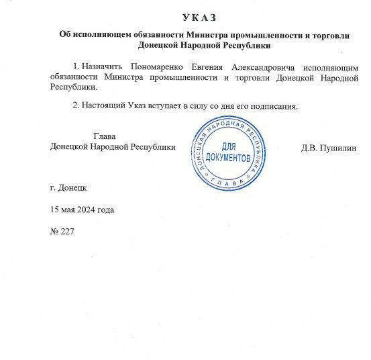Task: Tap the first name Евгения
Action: point(209,67)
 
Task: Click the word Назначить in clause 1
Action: point(101,67)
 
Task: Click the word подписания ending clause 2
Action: point(273,105)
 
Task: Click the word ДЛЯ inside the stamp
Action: point(228,146)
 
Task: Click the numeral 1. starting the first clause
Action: point(75,67)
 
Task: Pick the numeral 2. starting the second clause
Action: point(75,105)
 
